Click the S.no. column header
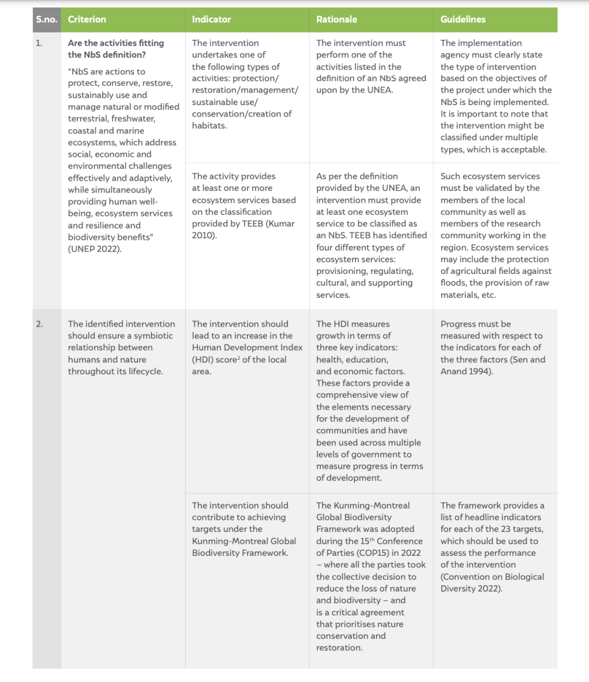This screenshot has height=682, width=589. [47, 19]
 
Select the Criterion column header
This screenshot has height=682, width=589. [87, 19]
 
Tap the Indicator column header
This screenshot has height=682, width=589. [211, 19]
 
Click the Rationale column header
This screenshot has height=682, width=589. [336, 19]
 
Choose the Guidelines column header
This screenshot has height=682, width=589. [463, 19]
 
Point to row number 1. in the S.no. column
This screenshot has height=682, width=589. [39, 43]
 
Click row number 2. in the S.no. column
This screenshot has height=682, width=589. [39, 324]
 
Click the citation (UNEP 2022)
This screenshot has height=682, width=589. [94, 249]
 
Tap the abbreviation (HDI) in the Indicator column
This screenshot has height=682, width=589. [203, 360]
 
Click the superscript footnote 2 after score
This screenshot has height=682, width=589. [239, 358]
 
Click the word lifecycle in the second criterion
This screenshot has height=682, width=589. [143, 372]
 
